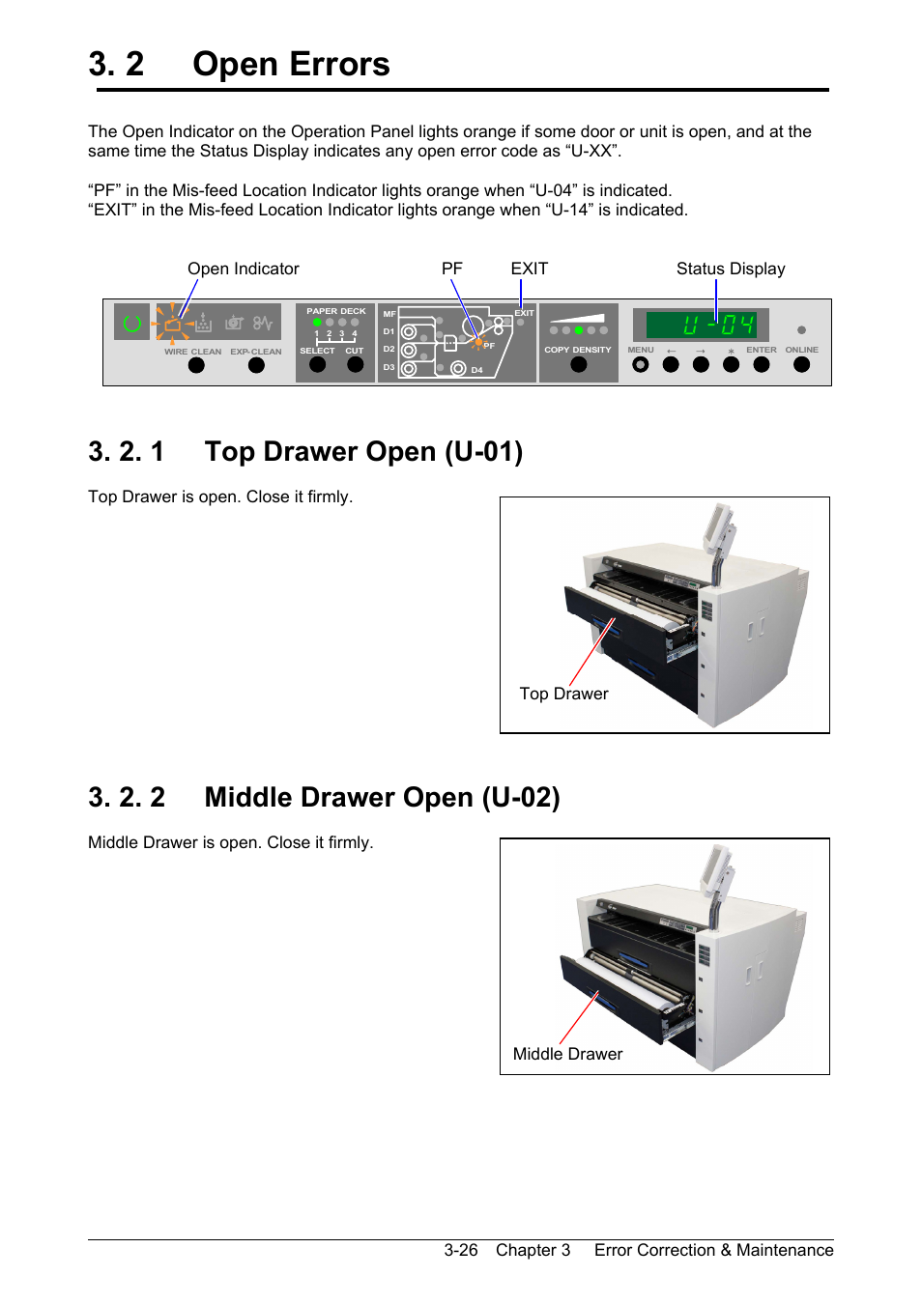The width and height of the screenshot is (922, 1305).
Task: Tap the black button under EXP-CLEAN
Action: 256,365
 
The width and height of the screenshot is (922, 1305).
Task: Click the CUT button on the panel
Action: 355,365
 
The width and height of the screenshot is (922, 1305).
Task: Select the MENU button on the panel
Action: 640,365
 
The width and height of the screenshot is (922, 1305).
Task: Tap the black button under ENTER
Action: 762,365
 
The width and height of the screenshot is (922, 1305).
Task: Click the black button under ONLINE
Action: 801,365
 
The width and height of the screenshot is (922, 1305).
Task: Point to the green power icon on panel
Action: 132,324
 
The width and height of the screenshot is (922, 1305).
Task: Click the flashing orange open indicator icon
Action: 173,324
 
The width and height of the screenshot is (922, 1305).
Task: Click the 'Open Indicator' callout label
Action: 244,269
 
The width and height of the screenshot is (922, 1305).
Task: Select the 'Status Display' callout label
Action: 731,269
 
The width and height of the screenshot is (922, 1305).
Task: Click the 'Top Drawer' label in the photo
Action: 563,694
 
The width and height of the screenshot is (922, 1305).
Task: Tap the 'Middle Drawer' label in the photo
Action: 567,1054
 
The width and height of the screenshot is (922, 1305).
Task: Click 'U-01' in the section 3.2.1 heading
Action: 483,452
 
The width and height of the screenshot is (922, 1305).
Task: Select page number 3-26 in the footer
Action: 461,1250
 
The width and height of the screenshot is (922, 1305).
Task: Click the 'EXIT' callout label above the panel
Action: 529,269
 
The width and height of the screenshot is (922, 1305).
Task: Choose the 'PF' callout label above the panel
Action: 451,269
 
